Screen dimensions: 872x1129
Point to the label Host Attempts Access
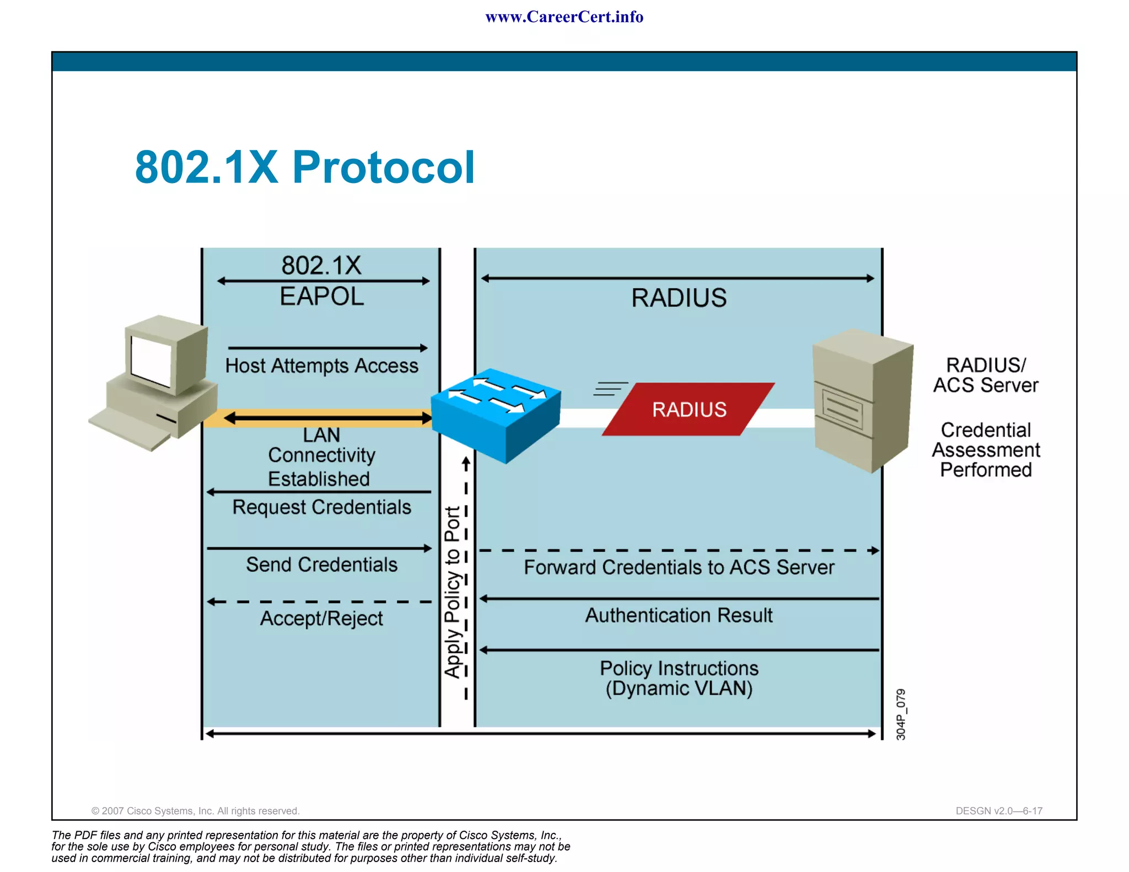tap(321, 366)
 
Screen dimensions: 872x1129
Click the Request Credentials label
tap(321, 507)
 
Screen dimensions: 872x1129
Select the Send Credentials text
tap(321, 565)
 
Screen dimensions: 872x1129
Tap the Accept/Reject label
tap(321, 618)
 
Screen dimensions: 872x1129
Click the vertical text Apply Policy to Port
tap(453, 592)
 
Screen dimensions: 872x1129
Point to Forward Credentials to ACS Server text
tap(679, 568)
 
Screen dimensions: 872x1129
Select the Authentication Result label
tap(679, 616)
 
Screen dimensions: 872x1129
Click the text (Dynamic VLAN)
tap(679, 689)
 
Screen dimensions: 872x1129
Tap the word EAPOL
tap(321, 297)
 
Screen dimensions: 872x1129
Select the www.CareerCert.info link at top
tap(564, 17)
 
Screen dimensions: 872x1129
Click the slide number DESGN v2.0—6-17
tap(998, 811)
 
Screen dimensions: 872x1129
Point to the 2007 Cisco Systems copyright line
tap(195, 811)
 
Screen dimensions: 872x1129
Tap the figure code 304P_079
tap(900, 714)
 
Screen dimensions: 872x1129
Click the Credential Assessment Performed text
tap(985, 450)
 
